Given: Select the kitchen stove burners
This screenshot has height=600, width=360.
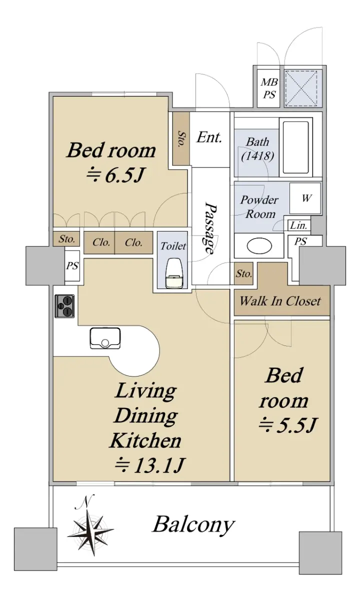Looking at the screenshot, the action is [x=64, y=306].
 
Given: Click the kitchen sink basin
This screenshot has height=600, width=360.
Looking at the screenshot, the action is [x=105, y=338].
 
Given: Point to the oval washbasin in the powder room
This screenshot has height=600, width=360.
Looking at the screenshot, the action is [x=259, y=245].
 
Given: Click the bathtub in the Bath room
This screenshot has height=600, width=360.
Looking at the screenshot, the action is [x=296, y=147].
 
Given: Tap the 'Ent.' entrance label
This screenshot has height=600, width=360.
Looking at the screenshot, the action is [x=209, y=137].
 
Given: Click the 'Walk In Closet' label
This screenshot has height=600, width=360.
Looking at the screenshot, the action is [x=280, y=301].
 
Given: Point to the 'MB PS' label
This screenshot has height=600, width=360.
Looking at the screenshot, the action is [x=269, y=88].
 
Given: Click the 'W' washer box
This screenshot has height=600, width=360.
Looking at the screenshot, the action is [x=305, y=198].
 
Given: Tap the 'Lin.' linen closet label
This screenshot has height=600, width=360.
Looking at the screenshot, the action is [x=298, y=225].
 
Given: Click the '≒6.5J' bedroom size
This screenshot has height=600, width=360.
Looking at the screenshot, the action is [x=115, y=175].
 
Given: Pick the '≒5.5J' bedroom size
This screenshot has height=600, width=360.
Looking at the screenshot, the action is [x=287, y=424].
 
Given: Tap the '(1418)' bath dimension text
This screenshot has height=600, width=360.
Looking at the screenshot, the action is [x=257, y=156].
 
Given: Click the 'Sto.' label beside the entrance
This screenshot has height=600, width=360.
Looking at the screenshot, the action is [x=181, y=138].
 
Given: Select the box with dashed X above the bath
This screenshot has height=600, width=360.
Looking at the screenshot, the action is [x=303, y=88].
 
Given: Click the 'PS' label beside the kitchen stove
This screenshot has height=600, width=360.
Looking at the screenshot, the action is [x=72, y=265].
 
